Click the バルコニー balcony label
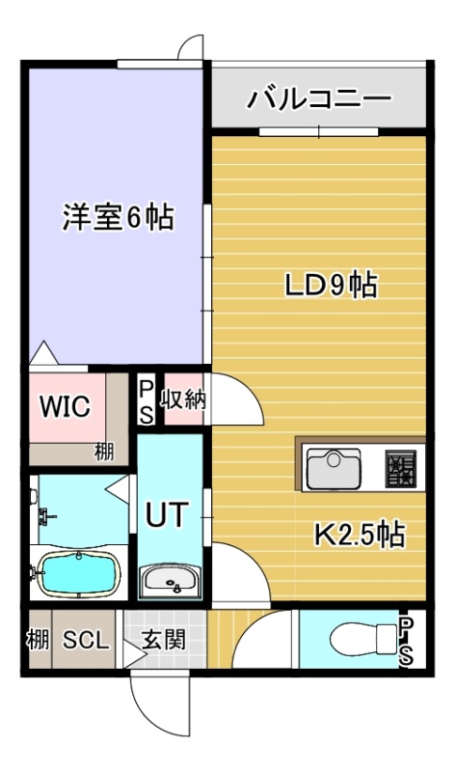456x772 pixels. [319, 99]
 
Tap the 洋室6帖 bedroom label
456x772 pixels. [118, 217]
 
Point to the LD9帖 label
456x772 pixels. [332, 285]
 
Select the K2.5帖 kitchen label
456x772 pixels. [360, 535]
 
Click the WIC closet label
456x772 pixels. [66, 406]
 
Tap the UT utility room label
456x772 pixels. [168, 514]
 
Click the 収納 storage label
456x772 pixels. [184, 400]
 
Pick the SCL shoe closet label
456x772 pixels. [85, 641]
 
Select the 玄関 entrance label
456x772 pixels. [164, 640]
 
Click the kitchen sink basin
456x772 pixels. [334, 468]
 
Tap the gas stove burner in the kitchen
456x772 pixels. [399, 468]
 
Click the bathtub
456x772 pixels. [79, 574]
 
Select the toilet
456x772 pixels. [363, 639]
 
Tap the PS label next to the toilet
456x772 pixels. [406, 641]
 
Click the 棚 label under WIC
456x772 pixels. [104, 451]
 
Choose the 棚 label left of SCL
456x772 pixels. [39, 640]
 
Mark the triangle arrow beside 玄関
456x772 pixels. [134, 654]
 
